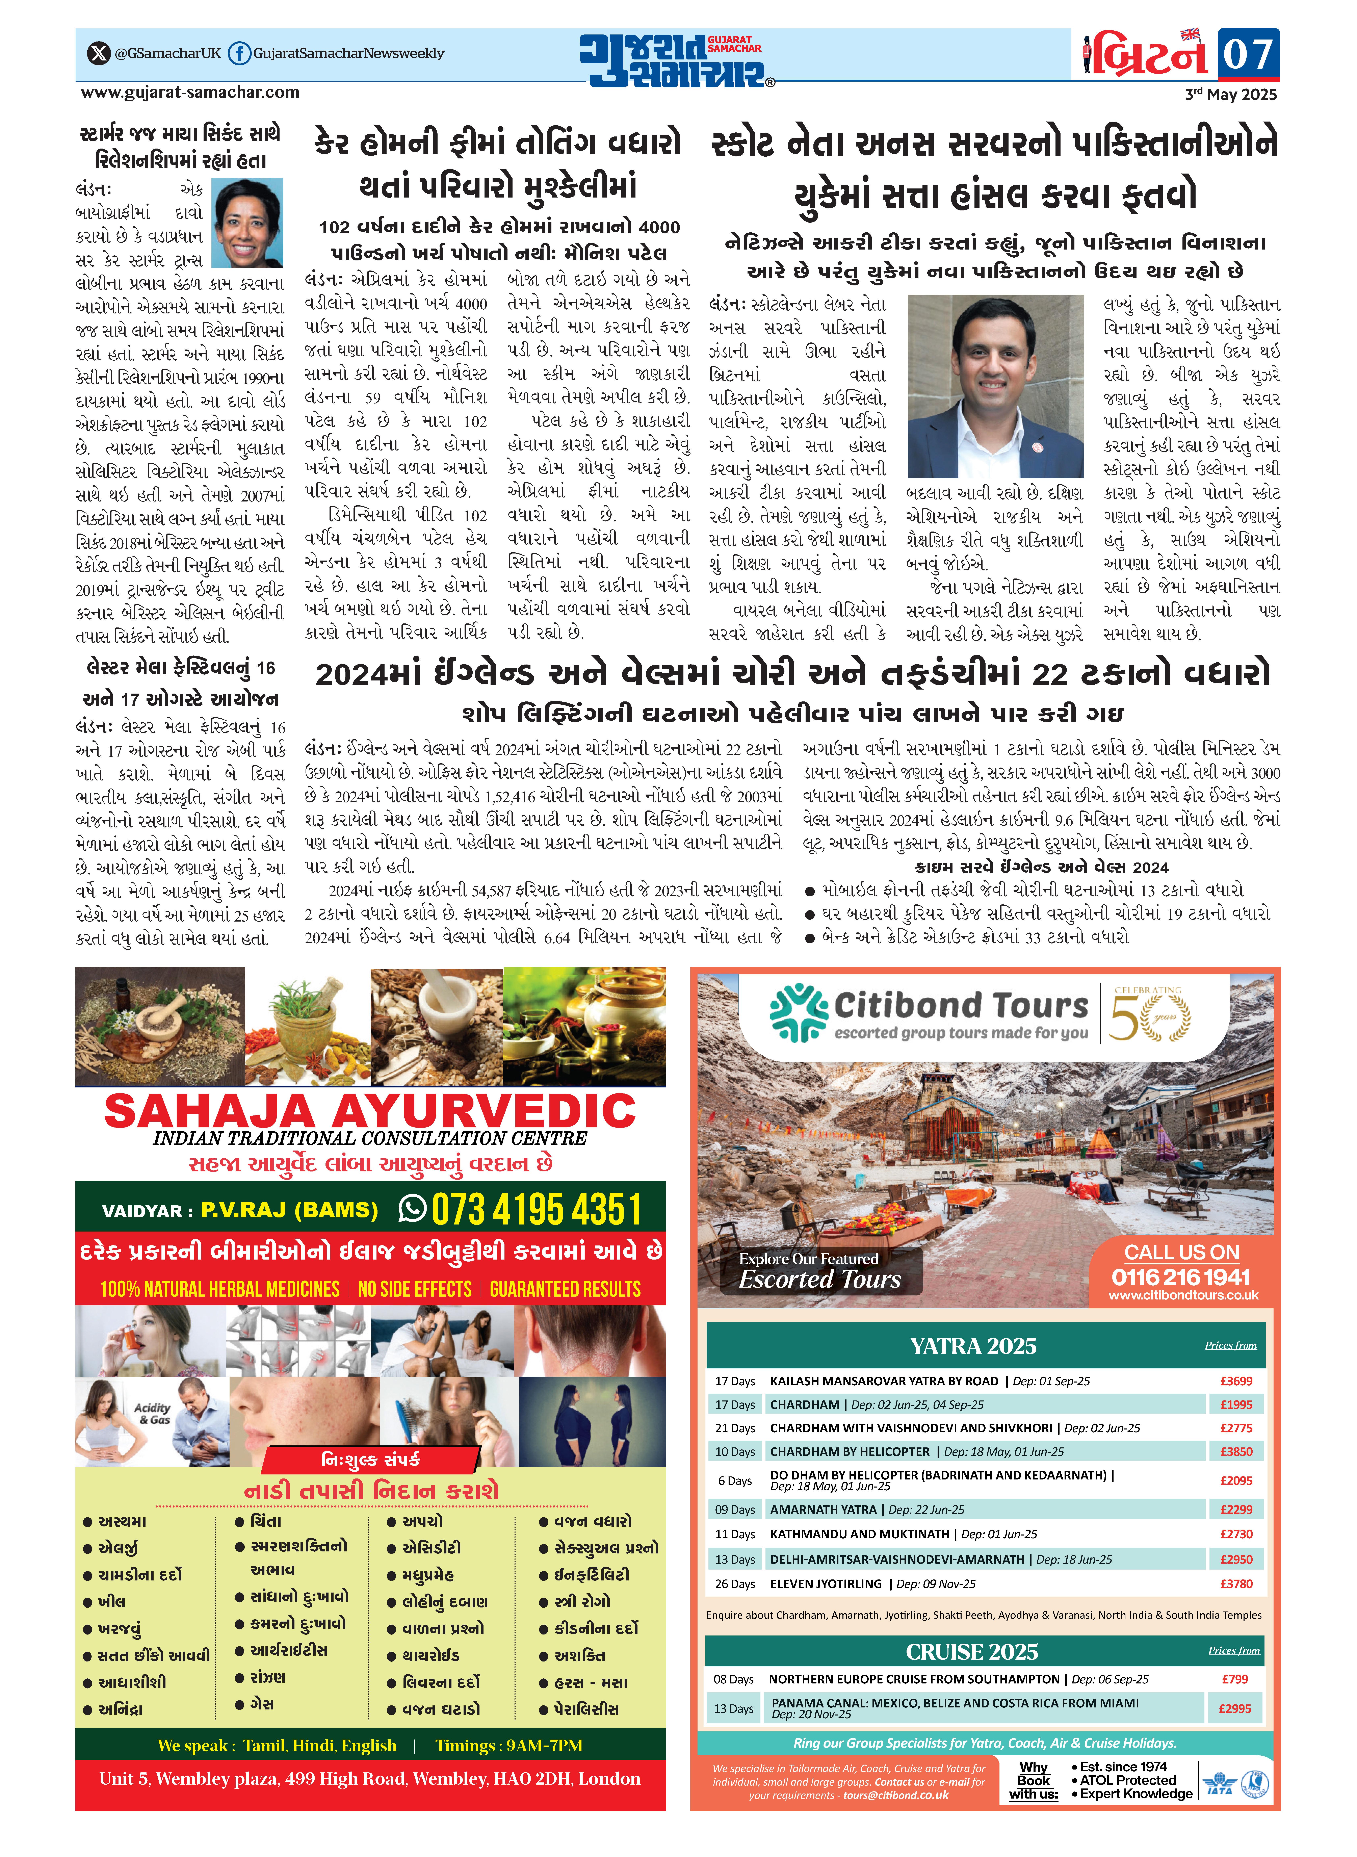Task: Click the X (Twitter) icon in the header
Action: point(99,53)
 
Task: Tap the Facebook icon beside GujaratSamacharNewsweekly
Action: point(239,53)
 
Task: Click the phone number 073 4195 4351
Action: point(536,1210)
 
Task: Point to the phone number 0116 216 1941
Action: point(1180,1277)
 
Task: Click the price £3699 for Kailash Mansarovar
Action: point(1235,1382)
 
